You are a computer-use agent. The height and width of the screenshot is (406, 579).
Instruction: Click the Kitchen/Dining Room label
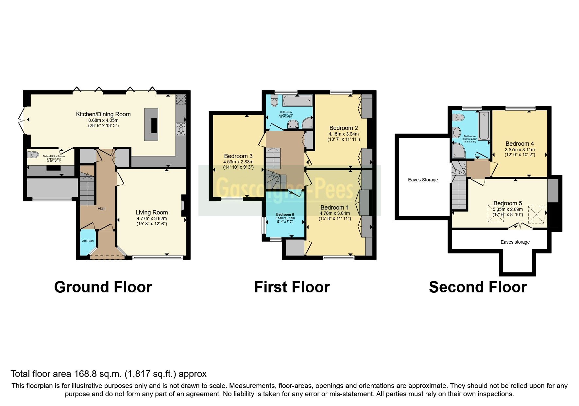tap(103, 114)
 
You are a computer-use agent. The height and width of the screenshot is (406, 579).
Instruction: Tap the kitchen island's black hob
tap(154, 125)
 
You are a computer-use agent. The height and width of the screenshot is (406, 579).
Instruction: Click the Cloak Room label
tap(88, 241)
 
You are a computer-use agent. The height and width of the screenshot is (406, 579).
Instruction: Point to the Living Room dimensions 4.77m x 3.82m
tap(152, 218)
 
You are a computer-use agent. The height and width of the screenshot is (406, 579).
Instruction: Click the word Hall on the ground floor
tap(101, 209)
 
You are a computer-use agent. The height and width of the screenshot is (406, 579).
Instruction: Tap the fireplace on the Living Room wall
tap(183, 205)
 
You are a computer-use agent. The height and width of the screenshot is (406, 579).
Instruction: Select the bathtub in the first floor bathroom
tap(297, 101)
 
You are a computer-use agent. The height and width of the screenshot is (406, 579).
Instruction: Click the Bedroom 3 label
tap(238, 156)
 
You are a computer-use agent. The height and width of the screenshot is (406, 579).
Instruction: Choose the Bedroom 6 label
tap(285, 215)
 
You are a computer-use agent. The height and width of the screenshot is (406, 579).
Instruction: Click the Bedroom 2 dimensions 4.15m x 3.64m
tap(344, 134)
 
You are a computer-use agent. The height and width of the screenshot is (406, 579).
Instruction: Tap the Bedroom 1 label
tap(334, 208)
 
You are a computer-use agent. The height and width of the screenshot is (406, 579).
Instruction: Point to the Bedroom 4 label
tap(519, 144)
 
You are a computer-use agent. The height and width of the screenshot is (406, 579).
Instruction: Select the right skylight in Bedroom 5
tap(536, 214)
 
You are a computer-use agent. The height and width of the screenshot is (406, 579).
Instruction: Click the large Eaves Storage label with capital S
tap(423, 180)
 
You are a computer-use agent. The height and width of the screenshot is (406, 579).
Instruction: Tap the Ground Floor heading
tap(103, 287)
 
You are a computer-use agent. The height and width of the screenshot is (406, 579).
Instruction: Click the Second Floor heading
tap(478, 287)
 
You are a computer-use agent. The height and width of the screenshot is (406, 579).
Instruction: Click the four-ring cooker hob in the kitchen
tap(181, 129)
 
